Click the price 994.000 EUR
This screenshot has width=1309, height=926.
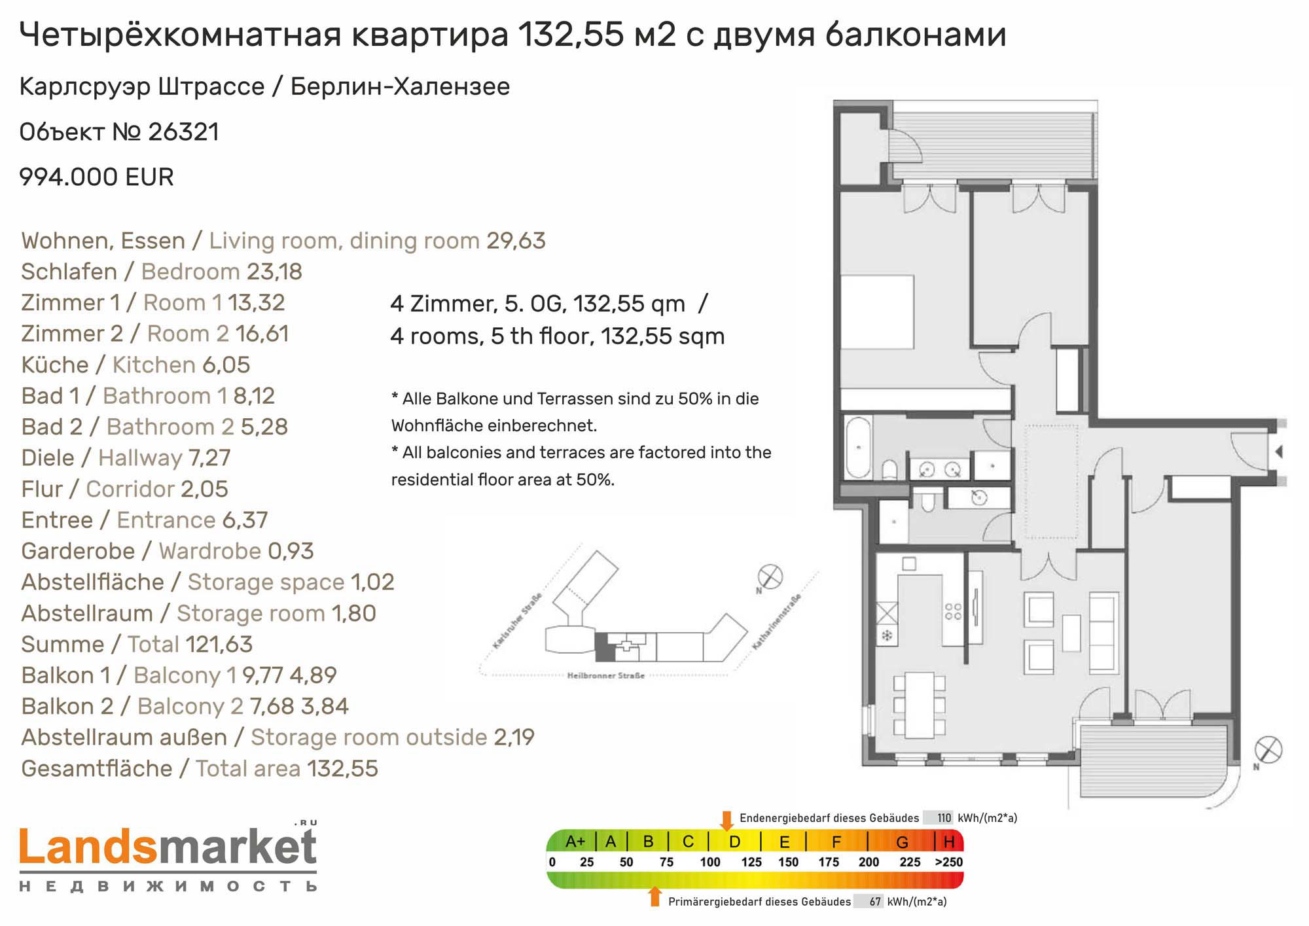click(x=96, y=177)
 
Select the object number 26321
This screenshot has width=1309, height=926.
click(x=184, y=132)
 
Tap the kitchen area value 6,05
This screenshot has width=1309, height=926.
click(x=226, y=365)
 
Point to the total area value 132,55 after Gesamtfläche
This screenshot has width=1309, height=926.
click(x=343, y=768)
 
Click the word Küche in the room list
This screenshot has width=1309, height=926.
click(x=55, y=365)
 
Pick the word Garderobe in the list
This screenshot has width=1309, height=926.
click(x=78, y=551)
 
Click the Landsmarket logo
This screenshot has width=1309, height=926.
click(x=168, y=856)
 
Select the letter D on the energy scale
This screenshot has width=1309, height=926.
click(x=734, y=842)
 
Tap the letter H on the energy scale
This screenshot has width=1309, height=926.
click(x=949, y=842)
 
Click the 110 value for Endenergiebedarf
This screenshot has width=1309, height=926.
click(x=944, y=817)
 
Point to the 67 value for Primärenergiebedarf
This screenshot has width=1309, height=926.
click(x=875, y=902)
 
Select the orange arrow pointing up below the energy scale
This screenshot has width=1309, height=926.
click(x=654, y=897)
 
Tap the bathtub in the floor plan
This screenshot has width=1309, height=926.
click(x=858, y=447)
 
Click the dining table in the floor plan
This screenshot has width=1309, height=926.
click(x=920, y=704)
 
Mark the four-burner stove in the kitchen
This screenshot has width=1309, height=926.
click(x=953, y=612)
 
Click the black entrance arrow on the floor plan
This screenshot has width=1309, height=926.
click(x=1278, y=452)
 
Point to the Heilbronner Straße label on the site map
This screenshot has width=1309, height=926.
click(x=605, y=675)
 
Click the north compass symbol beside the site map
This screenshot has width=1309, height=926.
click(x=770, y=577)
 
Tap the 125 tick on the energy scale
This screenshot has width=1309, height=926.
click(x=751, y=863)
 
